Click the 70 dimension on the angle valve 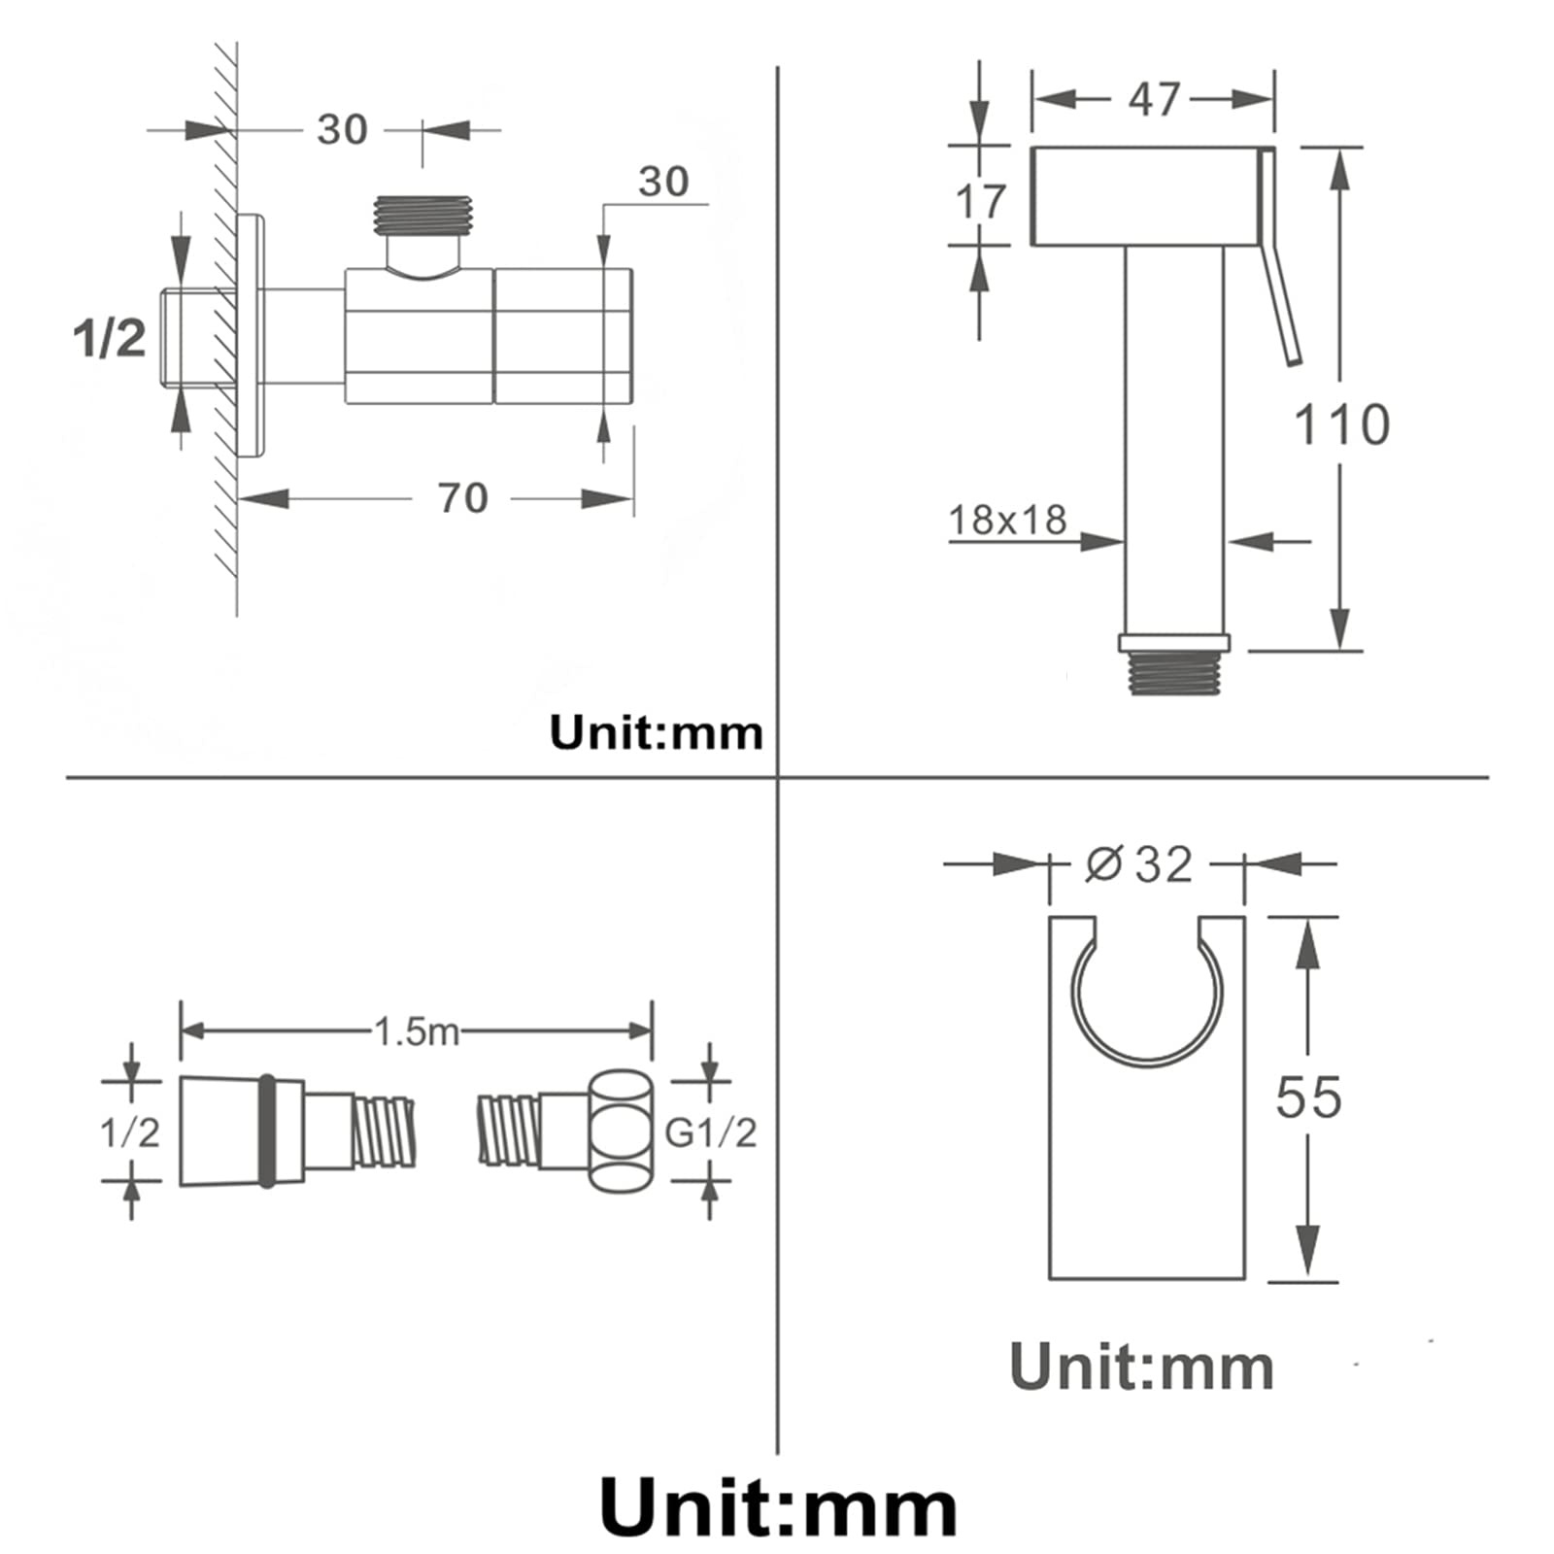pos(463,498)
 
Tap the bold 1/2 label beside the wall pos(110,337)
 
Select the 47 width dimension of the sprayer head pos(1154,99)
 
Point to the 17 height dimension pos(980,202)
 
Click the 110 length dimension pos(1341,424)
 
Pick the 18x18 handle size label pos(1007,520)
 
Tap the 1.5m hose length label pos(417,1031)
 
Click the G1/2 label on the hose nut pos(710,1132)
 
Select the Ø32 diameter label pos(1138,863)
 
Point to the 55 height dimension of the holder pos(1308,1098)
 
